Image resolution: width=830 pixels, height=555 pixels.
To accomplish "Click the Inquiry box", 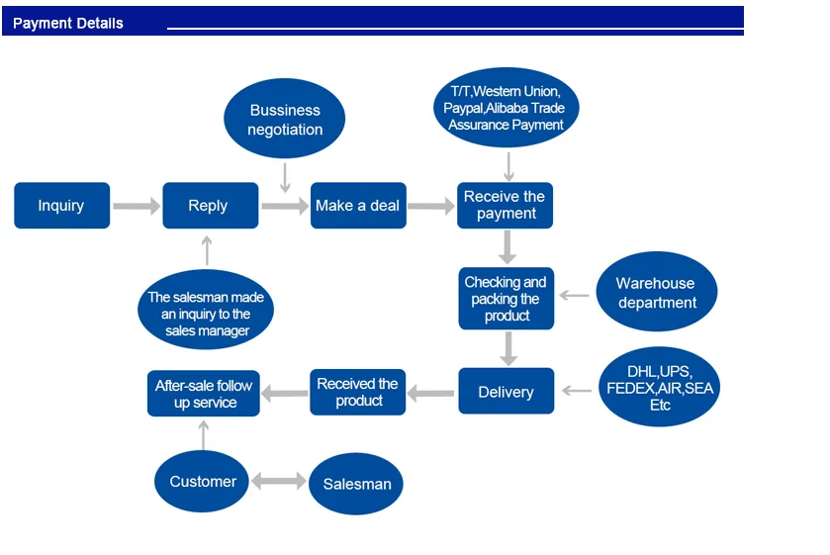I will [x=61, y=206].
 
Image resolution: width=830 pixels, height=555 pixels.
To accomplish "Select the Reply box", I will [x=209, y=206].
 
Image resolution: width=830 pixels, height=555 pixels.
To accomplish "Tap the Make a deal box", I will [x=358, y=206].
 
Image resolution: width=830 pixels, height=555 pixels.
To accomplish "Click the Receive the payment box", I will [x=506, y=206].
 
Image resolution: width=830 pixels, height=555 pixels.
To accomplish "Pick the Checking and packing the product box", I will [x=507, y=299].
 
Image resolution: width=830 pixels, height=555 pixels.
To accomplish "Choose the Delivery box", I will [x=506, y=392].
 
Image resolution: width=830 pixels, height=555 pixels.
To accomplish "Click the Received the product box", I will [x=358, y=392].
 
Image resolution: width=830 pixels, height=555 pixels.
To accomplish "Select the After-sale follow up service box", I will [x=204, y=394].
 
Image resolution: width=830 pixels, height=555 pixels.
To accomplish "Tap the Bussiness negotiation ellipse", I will [x=285, y=120].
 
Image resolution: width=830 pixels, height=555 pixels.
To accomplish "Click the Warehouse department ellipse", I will [x=656, y=293].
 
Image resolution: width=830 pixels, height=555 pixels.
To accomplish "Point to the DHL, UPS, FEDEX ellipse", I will [x=659, y=388].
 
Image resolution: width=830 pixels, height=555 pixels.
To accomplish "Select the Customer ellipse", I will [x=203, y=482].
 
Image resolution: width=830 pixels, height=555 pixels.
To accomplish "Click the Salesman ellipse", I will [x=356, y=484].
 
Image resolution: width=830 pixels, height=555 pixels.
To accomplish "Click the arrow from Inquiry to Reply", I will [x=137, y=206].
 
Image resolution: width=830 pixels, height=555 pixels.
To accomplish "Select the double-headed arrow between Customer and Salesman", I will [x=279, y=482].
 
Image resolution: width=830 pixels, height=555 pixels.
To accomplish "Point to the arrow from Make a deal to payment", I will [x=431, y=206].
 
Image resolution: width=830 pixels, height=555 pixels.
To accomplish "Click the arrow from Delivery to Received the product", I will [x=431, y=393].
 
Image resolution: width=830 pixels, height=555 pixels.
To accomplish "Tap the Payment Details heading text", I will [x=68, y=23].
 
